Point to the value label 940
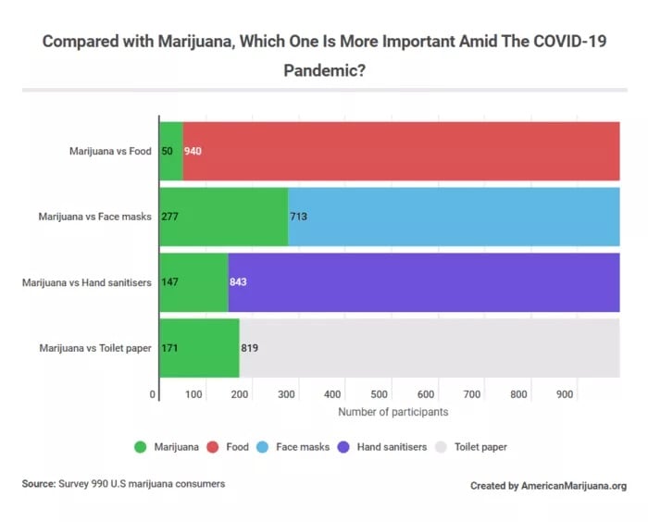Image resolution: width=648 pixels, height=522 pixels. point(193,150)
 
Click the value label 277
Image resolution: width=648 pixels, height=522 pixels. point(169,217)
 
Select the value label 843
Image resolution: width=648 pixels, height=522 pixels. point(237,282)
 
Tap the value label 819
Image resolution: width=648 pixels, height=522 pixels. point(249,349)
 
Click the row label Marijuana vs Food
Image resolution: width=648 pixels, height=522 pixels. point(109,150)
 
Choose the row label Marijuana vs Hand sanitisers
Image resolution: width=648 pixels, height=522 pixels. point(86,282)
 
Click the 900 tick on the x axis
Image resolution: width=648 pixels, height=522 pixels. point(565,395)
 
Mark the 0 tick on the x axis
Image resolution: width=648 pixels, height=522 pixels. point(154,395)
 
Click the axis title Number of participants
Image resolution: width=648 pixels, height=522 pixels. point(393,412)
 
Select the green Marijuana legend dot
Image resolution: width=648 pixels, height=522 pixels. point(141,447)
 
